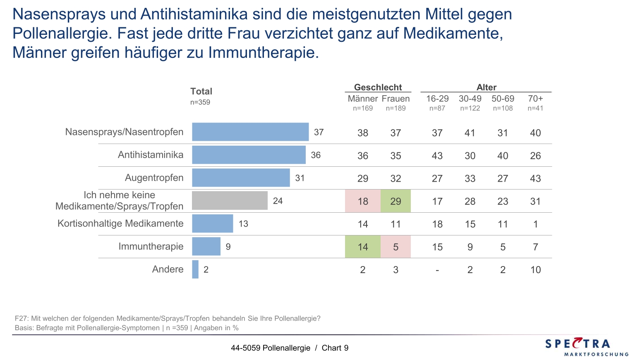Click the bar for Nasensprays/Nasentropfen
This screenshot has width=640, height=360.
[250, 132]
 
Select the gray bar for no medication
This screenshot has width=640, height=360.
[230, 201]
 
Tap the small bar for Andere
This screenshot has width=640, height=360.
[195, 269]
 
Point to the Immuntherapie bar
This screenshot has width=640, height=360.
[206, 247]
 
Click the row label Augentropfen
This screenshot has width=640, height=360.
[154, 178]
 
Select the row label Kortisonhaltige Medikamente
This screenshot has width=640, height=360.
[120, 223]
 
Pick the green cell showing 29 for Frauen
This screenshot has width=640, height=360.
[396, 201]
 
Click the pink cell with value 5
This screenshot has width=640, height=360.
[396, 247]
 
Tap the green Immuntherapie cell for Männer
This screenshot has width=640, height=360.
[363, 247]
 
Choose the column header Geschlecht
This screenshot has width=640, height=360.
[378, 87]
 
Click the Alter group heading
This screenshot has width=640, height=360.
[486, 87]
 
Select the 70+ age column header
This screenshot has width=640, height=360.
[535, 98]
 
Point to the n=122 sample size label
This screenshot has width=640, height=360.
[470, 108]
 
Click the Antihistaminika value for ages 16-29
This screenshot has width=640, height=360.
[437, 156]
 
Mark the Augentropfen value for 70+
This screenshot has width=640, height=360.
[535, 178]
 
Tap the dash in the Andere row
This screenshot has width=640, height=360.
[437, 270]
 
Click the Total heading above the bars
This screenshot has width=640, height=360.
[201, 91]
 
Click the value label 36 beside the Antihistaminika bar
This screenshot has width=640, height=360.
[316, 155]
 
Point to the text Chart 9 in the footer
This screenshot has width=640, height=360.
[335, 348]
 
